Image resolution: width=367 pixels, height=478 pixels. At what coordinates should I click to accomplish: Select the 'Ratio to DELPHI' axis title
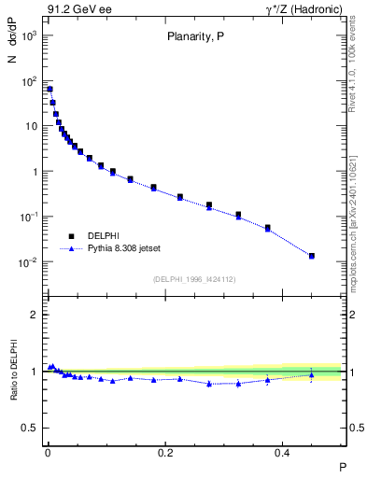(x=13, y=371)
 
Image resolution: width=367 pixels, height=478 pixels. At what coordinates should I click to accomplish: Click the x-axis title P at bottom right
(x=342, y=466)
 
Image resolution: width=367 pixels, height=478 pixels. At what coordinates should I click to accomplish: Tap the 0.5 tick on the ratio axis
(x=32, y=428)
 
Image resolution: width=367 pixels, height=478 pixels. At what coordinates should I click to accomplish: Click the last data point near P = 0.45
(x=312, y=256)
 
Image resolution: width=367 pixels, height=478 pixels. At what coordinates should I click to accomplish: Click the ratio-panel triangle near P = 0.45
(x=312, y=375)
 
